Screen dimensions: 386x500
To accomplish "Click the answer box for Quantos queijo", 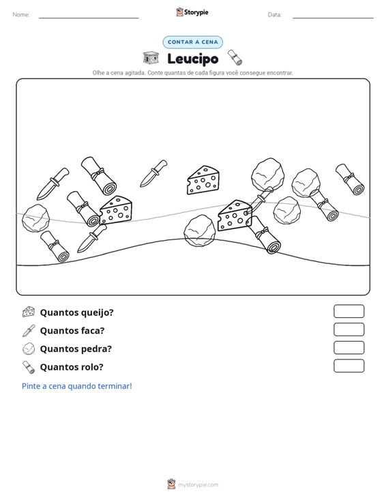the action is pos(348,311).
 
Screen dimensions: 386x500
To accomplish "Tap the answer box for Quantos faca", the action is pos(348,329).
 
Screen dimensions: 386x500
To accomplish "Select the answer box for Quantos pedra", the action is pos(348,348).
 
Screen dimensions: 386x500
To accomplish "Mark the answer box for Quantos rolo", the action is pos(348,366).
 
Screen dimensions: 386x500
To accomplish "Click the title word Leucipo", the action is pos(193,59).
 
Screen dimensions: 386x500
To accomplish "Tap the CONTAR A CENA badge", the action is pos(193,42).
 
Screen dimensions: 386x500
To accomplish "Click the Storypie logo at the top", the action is pos(192,12).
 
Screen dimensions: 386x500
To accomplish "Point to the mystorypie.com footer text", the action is pos(198,485).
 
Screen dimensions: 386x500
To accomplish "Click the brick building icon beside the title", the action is pos(151,58).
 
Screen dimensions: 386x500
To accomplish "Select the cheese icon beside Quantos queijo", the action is pos(29,312).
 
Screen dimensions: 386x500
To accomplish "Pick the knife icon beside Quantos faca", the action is pos(29,330).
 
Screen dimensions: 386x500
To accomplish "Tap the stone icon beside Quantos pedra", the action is pos(29,349).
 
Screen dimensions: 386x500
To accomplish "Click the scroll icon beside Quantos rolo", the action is pos(29,367).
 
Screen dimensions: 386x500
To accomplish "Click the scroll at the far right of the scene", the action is pos(350,179).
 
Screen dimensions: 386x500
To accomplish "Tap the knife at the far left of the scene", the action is pos(53,184).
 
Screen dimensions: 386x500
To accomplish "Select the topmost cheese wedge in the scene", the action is pos(203,179).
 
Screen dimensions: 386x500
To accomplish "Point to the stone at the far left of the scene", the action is pos(35,218).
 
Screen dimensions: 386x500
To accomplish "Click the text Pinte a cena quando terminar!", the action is pos(77,386).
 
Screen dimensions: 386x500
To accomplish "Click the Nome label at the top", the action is pos(21,15).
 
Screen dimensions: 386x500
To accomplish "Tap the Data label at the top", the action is pos(274,15).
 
